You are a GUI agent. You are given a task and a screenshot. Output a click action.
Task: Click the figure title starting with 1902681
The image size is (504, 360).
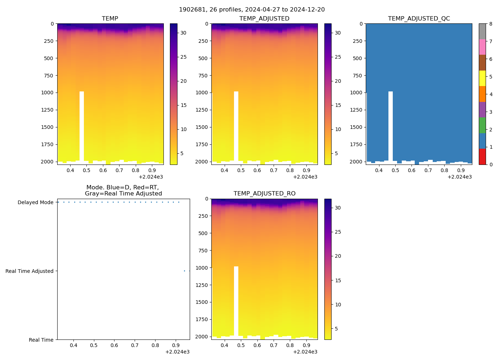click(x=252, y=10)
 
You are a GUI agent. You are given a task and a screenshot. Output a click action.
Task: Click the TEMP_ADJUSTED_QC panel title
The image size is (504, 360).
click(x=419, y=19)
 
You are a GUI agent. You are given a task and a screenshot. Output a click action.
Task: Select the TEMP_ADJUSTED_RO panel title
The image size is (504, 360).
click(x=264, y=194)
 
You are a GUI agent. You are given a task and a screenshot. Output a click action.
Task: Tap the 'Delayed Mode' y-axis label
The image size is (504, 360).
click(x=35, y=202)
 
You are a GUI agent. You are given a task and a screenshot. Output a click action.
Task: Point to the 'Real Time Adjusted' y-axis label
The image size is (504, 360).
click(x=29, y=271)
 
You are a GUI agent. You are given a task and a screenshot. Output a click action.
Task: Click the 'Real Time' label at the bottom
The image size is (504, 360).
click(x=41, y=340)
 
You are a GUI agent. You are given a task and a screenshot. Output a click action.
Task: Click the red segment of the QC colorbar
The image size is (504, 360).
click(x=482, y=157)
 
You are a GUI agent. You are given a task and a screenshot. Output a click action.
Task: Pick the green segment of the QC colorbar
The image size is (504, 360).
click(x=482, y=125)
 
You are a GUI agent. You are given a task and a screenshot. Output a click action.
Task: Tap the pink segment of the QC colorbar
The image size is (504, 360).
click(x=482, y=47)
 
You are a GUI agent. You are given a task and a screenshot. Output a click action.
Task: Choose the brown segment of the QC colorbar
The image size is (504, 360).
click(x=482, y=63)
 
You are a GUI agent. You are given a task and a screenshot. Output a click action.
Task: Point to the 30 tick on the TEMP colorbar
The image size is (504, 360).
click(x=183, y=33)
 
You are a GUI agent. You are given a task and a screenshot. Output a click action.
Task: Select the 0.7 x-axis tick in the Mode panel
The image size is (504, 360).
click(x=135, y=346)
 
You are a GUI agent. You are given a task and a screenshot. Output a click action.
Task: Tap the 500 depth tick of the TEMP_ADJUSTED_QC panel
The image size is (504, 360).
click(x=358, y=58)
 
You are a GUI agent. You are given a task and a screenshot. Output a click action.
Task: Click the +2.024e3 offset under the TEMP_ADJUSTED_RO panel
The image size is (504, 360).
click(x=305, y=352)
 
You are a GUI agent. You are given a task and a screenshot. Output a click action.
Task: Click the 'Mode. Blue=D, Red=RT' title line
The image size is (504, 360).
click(x=122, y=188)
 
